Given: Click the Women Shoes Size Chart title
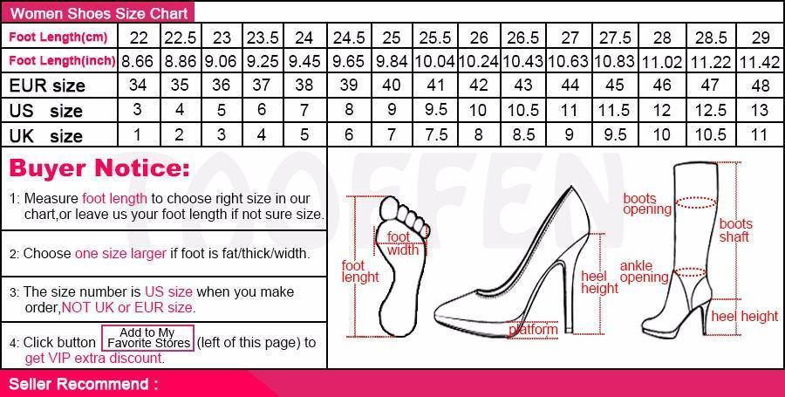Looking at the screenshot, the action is [99, 13].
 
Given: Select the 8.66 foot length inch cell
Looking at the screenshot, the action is [137, 61].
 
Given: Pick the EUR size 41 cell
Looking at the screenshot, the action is [435, 86].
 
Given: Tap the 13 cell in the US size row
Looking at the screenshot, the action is [760, 110].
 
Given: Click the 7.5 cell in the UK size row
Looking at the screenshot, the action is [435, 134].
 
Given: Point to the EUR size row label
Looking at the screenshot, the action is [47, 86].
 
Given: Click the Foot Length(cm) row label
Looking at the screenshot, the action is [58, 37].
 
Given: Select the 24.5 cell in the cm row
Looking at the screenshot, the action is [348, 37].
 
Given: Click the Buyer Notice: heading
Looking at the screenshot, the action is [99, 168].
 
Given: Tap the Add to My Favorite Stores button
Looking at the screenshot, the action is [147, 338].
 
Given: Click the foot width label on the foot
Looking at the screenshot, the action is [402, 243].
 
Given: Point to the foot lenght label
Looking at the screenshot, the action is [360, 271].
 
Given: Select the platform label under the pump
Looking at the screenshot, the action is [533, 330].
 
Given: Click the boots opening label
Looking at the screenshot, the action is [647, 204].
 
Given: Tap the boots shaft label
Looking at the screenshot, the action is [735, 230].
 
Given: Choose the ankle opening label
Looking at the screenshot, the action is [644, 272].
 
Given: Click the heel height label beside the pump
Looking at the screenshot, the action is [599, 283].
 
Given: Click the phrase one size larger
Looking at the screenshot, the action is [120, 254].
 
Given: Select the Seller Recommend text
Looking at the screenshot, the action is [84, 384].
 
